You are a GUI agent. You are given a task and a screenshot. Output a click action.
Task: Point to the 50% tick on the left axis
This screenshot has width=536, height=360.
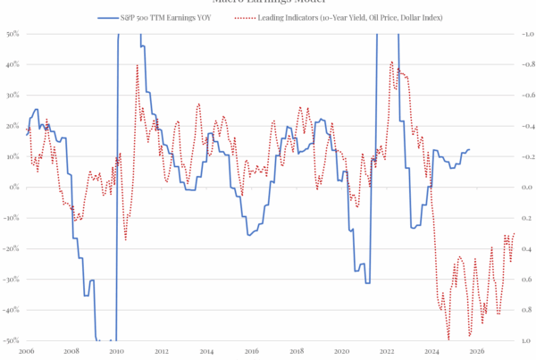pos(13,35)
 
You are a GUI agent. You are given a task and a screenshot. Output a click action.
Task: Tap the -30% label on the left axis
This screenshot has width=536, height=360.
pos(13,280)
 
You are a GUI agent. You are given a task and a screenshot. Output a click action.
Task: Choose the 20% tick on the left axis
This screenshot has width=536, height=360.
pos(13,126)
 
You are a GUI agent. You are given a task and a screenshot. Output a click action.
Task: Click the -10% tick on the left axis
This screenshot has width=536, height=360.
pos(13,218)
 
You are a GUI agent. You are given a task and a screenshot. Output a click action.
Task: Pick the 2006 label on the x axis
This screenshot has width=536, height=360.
pos(24,352)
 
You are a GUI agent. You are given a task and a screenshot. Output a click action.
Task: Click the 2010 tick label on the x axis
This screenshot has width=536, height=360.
pos(115,352)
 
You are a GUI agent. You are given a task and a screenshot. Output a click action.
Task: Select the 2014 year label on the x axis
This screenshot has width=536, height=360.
pos(205,352)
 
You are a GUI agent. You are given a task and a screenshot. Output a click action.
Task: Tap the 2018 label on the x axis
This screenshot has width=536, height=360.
pos(296,352)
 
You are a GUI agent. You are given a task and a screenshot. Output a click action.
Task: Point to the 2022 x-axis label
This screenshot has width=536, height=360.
pos(386,352)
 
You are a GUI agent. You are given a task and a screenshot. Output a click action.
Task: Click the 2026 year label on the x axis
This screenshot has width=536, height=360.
pos(476,352)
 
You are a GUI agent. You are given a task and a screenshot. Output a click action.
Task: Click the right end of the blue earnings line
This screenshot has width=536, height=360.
pos(471,149)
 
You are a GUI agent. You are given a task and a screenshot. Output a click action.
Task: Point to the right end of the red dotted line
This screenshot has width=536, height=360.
pos(514,233)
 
